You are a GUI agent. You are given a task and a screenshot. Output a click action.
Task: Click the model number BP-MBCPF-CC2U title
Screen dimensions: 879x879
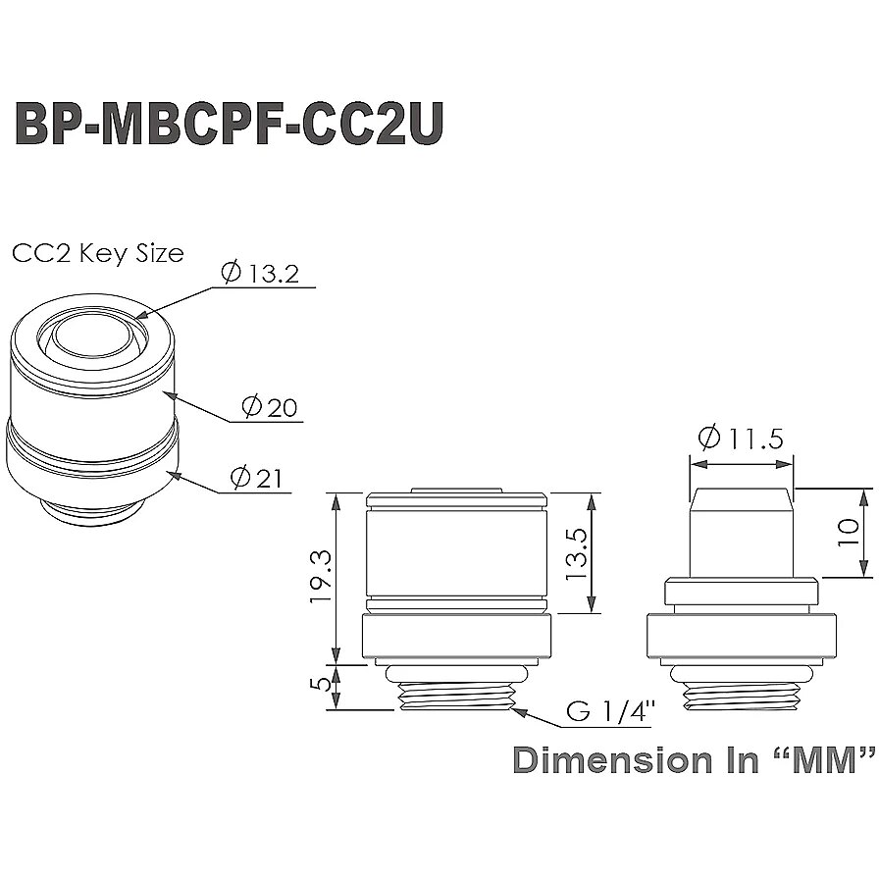(229, 124)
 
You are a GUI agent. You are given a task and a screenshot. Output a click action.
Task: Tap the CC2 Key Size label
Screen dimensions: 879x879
(97, 253)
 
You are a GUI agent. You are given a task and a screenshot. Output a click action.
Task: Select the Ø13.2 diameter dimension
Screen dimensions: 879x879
(260, 273)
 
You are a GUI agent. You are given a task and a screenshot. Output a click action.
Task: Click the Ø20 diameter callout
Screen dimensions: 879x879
(269, 406)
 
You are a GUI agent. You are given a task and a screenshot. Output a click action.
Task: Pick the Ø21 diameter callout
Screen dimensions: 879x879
(256, 478)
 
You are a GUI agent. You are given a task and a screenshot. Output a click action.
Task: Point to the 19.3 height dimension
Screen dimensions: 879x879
(321, 577)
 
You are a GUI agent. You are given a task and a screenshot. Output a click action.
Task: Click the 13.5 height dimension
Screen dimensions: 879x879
(575, 554)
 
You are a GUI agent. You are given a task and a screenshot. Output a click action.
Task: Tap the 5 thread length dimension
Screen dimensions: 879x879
(323, 684)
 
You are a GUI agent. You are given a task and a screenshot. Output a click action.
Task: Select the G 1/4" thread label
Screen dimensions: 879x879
(611, 711)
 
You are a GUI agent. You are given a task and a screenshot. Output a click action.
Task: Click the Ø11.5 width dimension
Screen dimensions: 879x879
(741, 438)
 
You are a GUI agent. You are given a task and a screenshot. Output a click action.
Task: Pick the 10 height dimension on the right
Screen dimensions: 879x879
(847, 533)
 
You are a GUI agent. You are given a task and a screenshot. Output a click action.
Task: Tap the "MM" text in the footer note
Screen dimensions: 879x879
(823, 760)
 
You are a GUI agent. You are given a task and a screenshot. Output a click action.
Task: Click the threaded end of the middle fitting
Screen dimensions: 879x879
(456, 696)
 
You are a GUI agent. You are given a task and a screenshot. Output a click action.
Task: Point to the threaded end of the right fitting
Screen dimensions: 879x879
(741, 696)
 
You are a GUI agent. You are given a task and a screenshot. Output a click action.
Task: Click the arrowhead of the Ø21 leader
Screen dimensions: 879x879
(174, 475)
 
